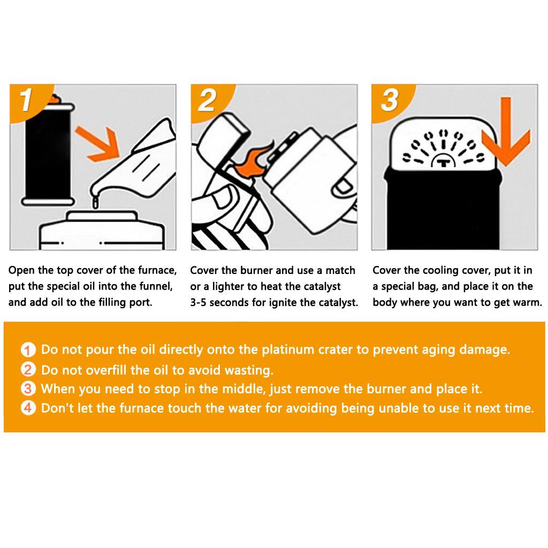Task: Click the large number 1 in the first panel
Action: click(x=26, y=100)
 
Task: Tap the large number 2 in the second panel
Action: click(x=207, y=100)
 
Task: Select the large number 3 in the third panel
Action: click(x=390, y=100)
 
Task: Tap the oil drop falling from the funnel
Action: click(x=95, y=203)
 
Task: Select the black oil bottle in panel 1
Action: click(x=48, y=154)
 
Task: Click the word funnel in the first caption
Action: click(x=156, y=286)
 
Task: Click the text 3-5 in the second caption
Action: click(x=198, y=302)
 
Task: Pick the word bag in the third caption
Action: click(x=428, y=287)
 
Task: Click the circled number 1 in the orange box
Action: click(x=28, y=349)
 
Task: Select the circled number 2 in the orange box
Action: click(x=28, y=369)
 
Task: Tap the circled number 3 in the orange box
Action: click(x=28, y=389)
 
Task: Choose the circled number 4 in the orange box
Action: click(x=28, y=408)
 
